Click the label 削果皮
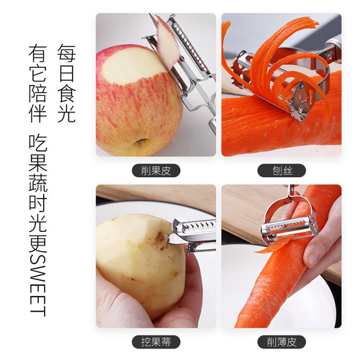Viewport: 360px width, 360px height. tap(156, 171)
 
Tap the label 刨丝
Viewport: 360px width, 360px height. tap(280, 171)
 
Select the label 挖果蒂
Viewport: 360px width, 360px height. tap(156, 341)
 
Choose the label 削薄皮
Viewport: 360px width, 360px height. tap(280, 341)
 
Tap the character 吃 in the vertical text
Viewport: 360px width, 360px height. tap(37, 142)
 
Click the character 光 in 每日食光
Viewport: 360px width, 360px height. tap(66, 114)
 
